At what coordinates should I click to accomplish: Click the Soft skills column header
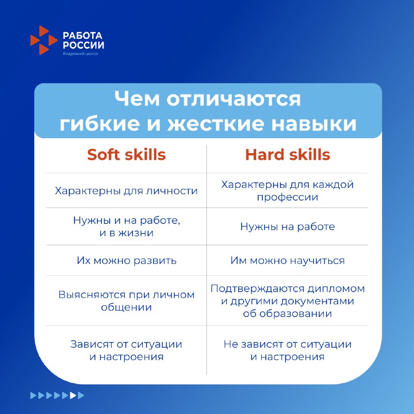click(x=126, y=154)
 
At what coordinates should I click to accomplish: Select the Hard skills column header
click(x=288, y=154)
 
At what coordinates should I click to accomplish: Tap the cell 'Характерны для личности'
click(x=126, y=190)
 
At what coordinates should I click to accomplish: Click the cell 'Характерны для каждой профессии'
click(x=288, y=190)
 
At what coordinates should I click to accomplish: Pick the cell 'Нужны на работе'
click(x=288, y=227)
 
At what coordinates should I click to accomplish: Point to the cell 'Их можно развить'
click(x=126, y=260)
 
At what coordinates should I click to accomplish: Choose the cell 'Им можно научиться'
click(x=288, y=260)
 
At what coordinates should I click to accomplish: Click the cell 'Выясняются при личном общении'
click(x=126, y=301)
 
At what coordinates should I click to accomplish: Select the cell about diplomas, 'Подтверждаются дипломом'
click(x=288, y=301)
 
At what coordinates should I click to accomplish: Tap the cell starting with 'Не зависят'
click(x=288, y=350)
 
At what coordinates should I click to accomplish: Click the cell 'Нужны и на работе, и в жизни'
click(x=126, y=227)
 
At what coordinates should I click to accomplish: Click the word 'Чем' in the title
click(x=137, y=99)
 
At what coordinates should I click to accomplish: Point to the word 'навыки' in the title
click(x=314, y=124)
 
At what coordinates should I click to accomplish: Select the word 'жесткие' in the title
click(x=216, y=124)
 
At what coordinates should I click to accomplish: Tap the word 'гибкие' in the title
click(x=99, y=124)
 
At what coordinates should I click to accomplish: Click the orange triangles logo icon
click(x=44, y=40)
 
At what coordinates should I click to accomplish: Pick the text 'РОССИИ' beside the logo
click(x=83, y=45)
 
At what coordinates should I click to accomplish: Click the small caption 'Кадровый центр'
click(x=80, y=54)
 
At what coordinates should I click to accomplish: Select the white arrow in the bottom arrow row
click(x=73, y=395)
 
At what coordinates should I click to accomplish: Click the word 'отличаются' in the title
click(x=234, y=99)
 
